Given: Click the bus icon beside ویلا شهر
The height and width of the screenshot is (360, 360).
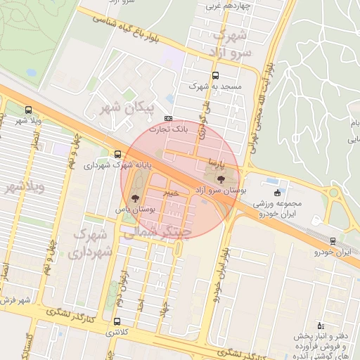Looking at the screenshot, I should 28,110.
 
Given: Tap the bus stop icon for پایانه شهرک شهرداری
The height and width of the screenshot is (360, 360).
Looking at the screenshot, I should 117,155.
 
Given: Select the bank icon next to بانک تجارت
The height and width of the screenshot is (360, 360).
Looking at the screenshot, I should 167,118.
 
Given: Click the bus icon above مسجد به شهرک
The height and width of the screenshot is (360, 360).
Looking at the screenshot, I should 214,75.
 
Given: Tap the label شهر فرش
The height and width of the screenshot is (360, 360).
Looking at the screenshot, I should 15,300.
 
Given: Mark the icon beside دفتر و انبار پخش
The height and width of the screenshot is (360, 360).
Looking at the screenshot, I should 321,325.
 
